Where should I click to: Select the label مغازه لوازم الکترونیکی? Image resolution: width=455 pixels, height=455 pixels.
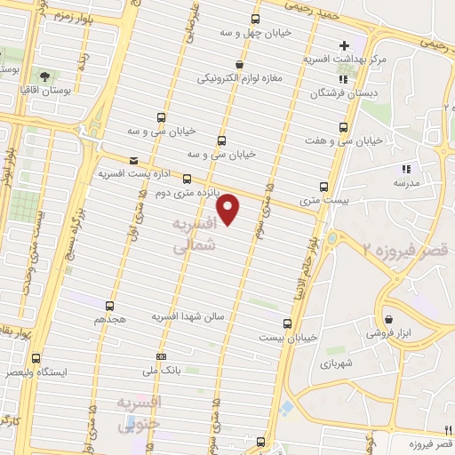click(239, 77)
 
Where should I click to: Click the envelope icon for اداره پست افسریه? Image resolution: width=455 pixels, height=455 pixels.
click(133, 161)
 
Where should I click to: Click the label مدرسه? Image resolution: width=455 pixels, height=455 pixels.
click(406, 182)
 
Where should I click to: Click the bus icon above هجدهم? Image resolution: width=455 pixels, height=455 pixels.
click(111, 304)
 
